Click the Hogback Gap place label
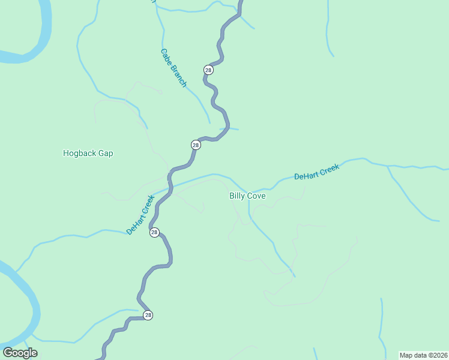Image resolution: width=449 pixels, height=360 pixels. (88, 153)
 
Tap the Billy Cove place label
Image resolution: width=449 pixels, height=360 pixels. (247, 196)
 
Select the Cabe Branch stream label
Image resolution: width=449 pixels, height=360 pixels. (173, 68)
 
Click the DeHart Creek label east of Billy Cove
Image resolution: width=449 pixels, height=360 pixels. (316, 172)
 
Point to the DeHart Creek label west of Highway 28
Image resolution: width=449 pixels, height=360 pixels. (140, 214)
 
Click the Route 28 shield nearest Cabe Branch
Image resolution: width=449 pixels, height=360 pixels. (208, 70)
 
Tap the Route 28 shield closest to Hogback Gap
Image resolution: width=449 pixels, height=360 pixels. (196, 145)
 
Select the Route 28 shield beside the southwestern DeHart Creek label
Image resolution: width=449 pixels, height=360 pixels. (154, 232)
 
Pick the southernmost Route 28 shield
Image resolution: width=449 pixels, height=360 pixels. (148, 315)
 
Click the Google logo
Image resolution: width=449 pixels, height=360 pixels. (20, 353)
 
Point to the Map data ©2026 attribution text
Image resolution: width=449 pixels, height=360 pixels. (423, 355)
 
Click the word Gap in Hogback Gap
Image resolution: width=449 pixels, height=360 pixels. (106, 153)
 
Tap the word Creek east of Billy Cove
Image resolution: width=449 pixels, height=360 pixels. (330, 168)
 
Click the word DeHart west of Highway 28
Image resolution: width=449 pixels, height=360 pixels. (136, 222)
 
